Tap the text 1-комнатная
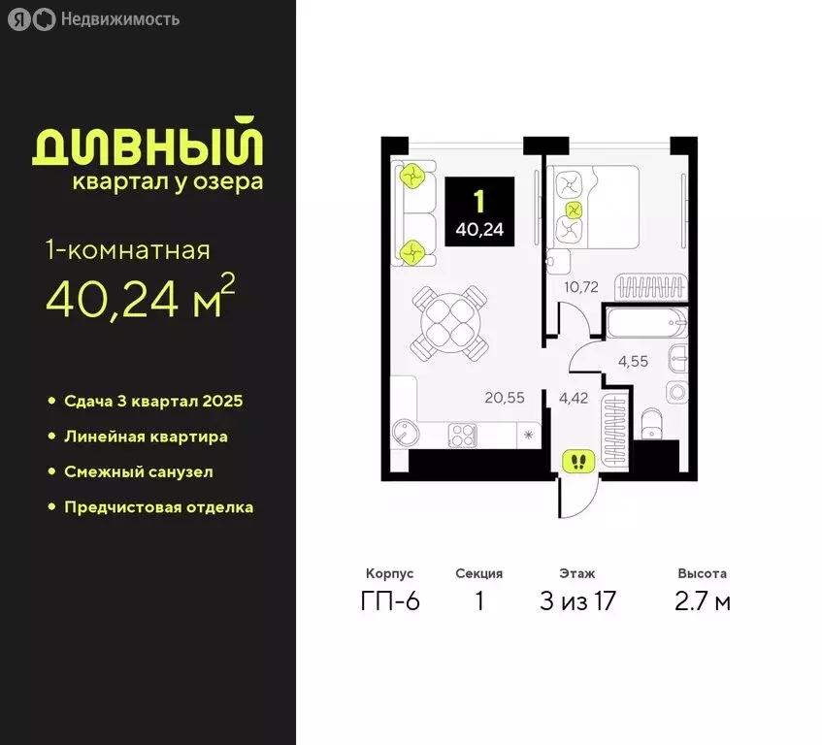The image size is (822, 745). [x=127, y=251]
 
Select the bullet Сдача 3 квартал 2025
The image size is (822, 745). [x=153, y=402]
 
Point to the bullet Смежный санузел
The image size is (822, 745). [x=138, y=471]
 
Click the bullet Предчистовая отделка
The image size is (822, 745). [x=158, y=506]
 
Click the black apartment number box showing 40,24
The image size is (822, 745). [x=479, y=215]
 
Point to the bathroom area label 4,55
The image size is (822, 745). [x=635, y=361]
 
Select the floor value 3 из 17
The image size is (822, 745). [x=577, y=601]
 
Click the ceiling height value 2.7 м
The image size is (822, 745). [x=703, y=601]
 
